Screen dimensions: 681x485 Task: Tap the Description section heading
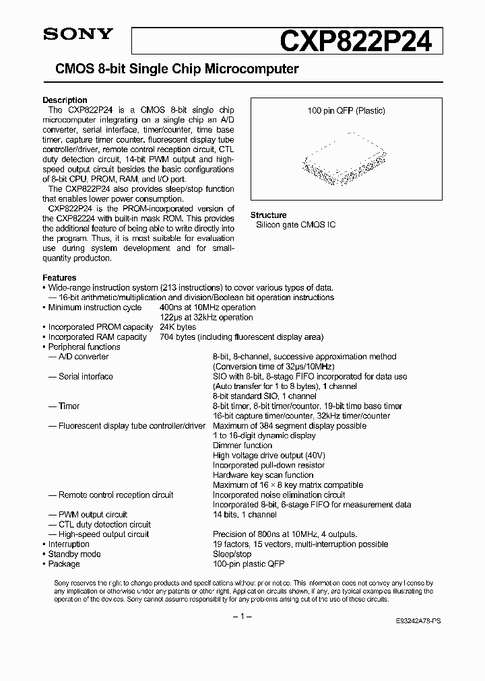(x=65, y=100)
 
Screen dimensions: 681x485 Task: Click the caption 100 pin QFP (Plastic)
(x=346, y=111)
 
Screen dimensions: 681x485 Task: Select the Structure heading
(x=269, y=215)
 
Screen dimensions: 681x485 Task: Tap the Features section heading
(x=59, y=277)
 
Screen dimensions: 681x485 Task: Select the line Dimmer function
(x=243, y=445)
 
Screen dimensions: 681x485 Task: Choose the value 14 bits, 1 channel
(x=245, y=514)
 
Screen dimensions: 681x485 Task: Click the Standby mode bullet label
(x=74, y=554)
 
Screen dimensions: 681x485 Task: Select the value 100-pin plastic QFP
(x=249, y=564)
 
